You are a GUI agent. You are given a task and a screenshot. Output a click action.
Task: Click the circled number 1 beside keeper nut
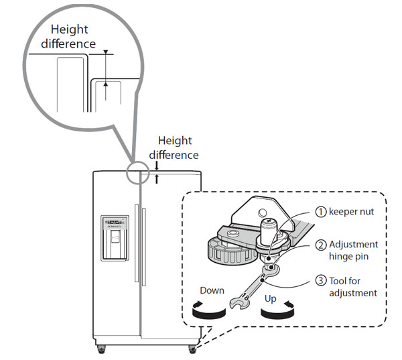(321, 212)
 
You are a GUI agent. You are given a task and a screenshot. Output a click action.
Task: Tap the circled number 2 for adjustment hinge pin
(321, 245)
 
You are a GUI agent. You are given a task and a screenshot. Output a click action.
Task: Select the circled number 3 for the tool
(321, 282)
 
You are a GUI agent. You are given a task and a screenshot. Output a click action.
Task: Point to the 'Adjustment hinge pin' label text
(353, 250)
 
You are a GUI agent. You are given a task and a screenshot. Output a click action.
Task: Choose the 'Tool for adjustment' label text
(353, 287)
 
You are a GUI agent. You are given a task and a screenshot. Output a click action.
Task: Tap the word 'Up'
(271, 298)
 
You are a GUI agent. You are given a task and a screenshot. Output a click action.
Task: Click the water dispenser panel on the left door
(113, 237)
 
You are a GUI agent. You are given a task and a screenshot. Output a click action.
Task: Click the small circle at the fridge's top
(139, 172)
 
